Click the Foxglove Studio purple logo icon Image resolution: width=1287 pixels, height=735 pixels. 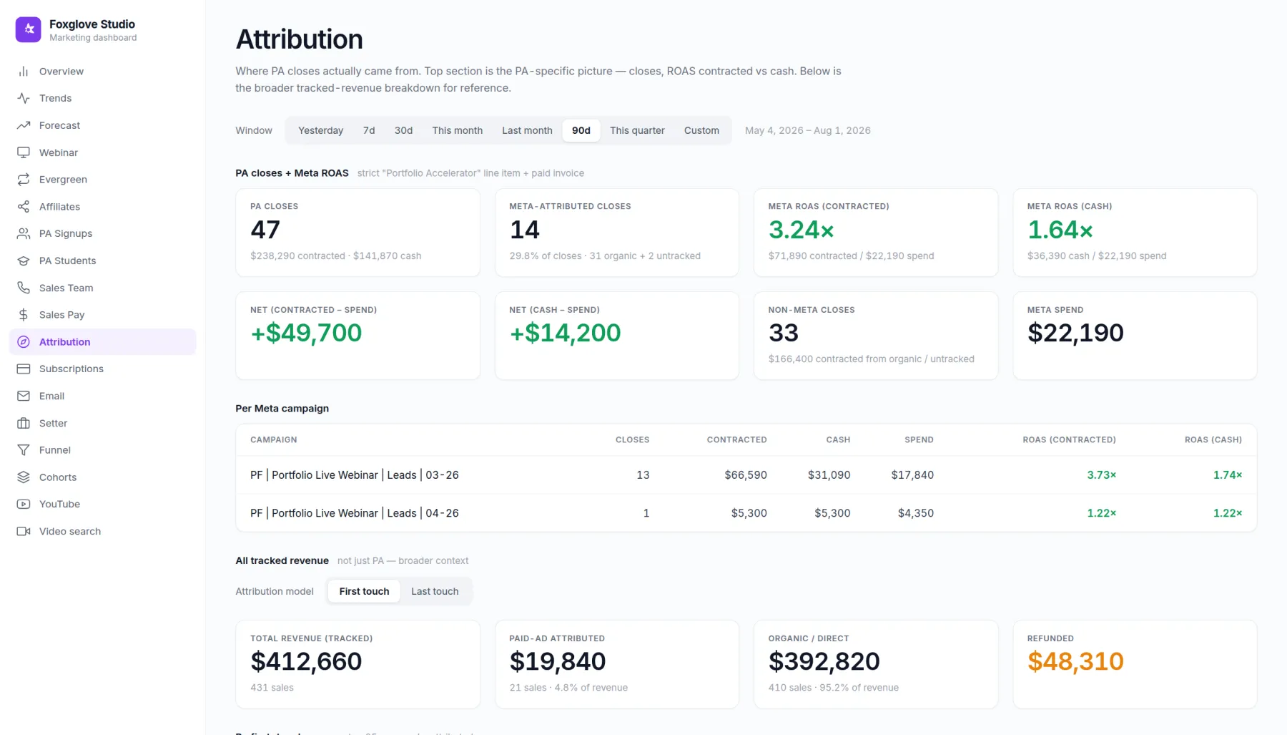29,29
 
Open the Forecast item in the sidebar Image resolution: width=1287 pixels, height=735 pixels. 59,125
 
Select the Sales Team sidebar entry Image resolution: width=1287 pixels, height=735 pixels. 66,288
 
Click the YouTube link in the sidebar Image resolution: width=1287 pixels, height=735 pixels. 59,504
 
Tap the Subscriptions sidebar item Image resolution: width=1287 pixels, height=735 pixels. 71,369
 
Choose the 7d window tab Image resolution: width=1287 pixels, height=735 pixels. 369,130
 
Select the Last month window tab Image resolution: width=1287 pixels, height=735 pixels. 527,130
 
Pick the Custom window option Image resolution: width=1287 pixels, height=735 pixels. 701,130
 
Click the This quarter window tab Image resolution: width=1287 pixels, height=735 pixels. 637,130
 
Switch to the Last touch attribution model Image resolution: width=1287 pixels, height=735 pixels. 435,591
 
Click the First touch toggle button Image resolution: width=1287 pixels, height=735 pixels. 364,591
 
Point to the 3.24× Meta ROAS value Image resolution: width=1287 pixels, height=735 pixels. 801,230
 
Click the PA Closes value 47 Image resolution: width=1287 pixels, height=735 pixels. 265,230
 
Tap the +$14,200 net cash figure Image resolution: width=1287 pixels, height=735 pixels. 565,333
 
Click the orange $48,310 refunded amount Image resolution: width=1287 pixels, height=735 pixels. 1075,661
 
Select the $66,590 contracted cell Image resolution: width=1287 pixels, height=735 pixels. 745,474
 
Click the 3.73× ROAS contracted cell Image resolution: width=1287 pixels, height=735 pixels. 1101,474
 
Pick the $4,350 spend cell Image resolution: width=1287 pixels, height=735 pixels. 915,513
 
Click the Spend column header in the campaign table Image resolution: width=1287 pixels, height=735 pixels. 919,439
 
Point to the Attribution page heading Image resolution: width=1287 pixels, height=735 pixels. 299,39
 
